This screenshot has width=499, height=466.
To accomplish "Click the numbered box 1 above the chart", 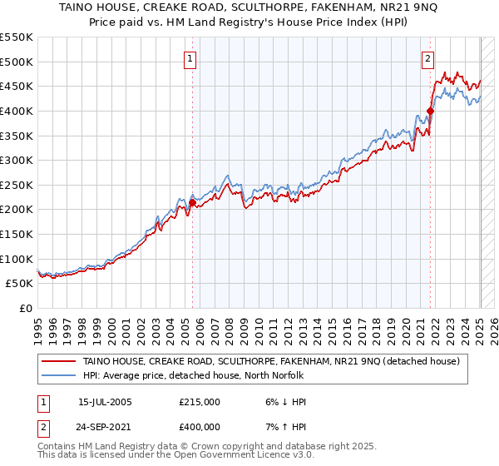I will pos(191,59).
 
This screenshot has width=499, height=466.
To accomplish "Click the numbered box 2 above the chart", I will pos(427,59).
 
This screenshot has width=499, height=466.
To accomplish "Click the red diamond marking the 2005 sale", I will pos(192,202).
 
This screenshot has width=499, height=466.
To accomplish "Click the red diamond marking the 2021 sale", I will pos(430,111).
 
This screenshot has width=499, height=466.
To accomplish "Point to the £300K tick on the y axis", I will pos(17,160).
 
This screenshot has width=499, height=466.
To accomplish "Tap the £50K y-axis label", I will pos(21,284).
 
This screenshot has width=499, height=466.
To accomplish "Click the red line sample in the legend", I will pos(59,361).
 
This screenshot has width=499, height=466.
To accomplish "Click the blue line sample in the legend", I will pos(59,375).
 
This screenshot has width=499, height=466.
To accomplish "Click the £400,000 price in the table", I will pos(199,426).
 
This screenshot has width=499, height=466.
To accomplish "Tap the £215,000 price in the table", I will pos(199,401).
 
